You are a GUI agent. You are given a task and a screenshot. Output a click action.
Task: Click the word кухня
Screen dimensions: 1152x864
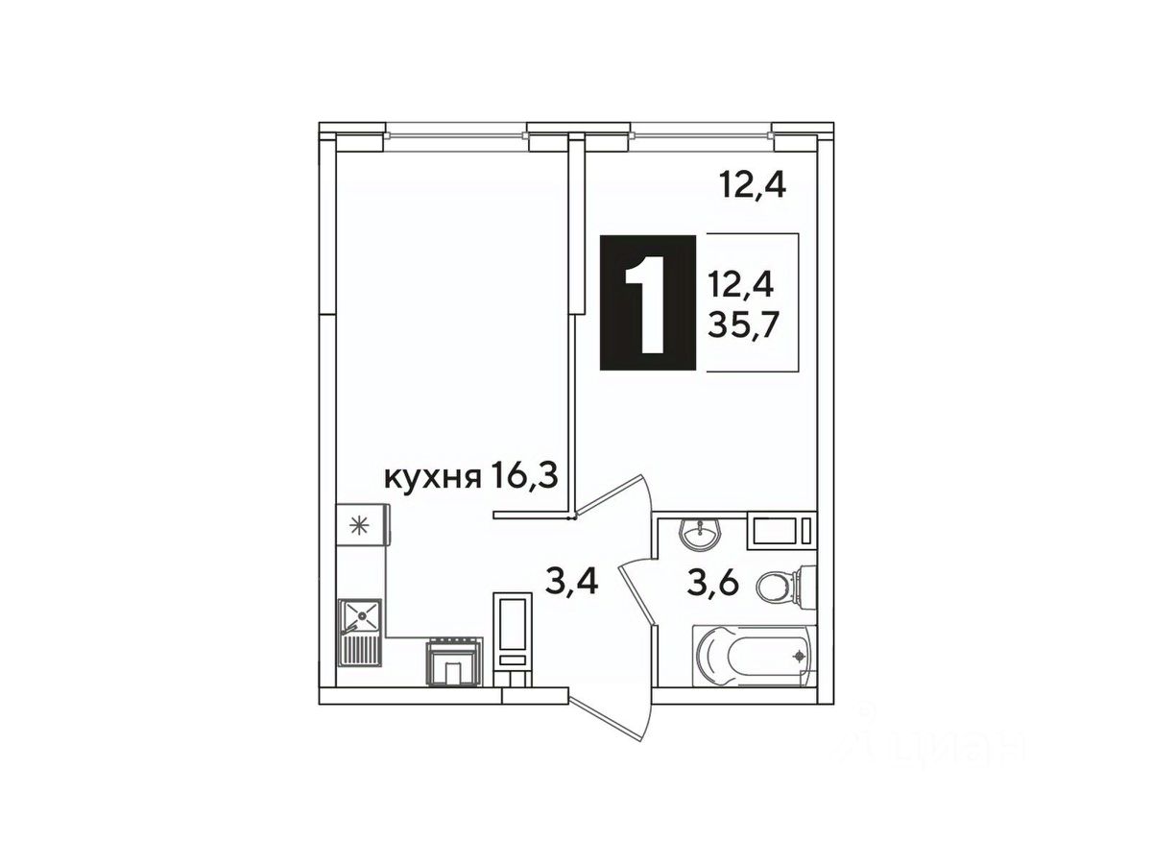tap(432, 478)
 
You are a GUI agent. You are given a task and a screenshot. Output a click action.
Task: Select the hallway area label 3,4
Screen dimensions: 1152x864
tap(571, 582)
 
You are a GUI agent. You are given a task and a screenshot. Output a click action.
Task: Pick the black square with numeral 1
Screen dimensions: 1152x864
tap(648, 302)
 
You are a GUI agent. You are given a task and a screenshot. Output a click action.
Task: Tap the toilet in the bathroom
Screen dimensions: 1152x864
tap(786, 587)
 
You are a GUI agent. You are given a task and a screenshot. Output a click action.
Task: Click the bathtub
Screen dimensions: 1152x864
tap(755, 656)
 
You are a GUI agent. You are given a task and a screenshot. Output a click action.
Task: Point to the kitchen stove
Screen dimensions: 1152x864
tap(453, 660)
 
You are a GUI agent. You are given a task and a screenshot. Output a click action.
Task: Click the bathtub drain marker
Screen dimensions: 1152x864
tap(799, 656)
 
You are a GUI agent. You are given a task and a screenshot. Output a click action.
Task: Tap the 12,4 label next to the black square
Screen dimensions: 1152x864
tap(741, 286)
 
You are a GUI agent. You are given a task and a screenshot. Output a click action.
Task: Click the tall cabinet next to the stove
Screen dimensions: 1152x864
tap(513, 637)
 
